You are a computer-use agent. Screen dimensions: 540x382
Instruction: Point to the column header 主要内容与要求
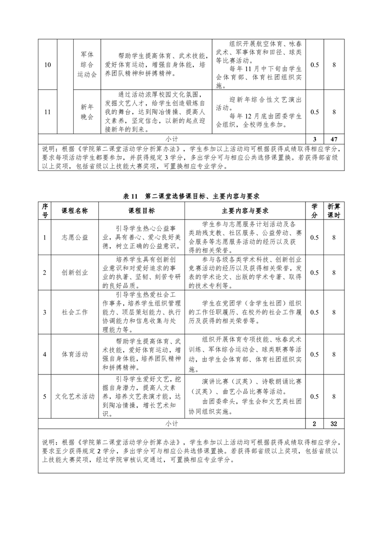click(245, 211)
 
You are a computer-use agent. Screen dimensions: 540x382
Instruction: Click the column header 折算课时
click(334, 211)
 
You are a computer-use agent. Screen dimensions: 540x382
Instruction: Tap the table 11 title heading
click(191, 196)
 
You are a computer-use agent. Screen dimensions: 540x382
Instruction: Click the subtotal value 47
click(334, 139)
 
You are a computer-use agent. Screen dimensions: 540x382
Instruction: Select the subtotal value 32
click(334, 424)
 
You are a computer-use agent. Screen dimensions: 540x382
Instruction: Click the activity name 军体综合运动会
click(87, 65)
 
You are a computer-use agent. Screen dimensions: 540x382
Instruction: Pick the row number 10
click(48, 65)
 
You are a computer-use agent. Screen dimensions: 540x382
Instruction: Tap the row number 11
click(48, 112)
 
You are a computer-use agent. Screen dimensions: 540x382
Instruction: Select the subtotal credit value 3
click(314, 139)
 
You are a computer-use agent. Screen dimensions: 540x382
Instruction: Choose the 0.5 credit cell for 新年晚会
click(314, 112)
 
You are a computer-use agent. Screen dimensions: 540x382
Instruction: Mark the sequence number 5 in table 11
click(45, 396)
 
